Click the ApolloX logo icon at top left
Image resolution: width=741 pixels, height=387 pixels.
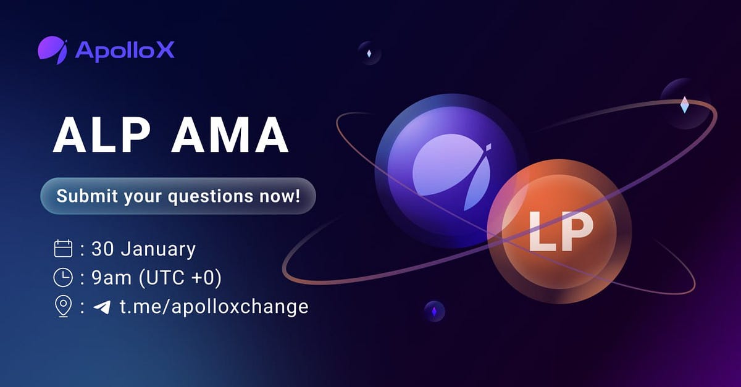tap(52, 50)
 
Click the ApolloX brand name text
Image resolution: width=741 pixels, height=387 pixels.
tap(125, 51)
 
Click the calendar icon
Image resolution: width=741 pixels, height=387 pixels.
tap(64, 249)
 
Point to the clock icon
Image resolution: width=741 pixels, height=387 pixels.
tap(64, 278)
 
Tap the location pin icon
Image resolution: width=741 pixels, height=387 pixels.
tap(64, 307)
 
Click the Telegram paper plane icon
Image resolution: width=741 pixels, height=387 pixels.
tap(101, 307)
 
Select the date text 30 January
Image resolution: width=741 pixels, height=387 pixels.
tap(143, 249)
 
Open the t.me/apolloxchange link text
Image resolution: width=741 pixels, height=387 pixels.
tap(214, 307)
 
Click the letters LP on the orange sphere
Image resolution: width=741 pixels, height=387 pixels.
tap(559, 233)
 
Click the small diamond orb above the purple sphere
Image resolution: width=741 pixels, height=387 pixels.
tap(369, 53)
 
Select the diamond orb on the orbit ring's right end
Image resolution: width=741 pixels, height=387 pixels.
tap(684, 104)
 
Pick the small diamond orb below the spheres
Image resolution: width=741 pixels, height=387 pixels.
tap(434, 311)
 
